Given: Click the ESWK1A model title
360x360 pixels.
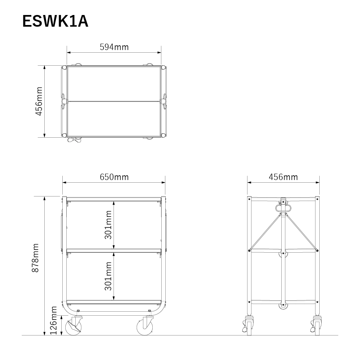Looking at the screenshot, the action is [55, 21].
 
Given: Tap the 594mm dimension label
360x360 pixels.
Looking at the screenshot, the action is [114, 47].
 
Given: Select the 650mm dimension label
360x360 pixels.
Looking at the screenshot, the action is [114, 177].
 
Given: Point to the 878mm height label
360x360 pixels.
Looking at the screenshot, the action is [35, 258].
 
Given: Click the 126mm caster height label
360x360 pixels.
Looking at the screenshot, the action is [53, 321].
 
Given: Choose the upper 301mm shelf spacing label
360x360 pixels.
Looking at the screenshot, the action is [108, 225].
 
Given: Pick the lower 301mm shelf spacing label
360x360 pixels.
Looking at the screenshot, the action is [108, 276].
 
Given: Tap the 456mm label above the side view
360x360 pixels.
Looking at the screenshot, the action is [283, 177].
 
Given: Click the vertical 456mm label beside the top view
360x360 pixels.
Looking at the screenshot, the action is [39, 101].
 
